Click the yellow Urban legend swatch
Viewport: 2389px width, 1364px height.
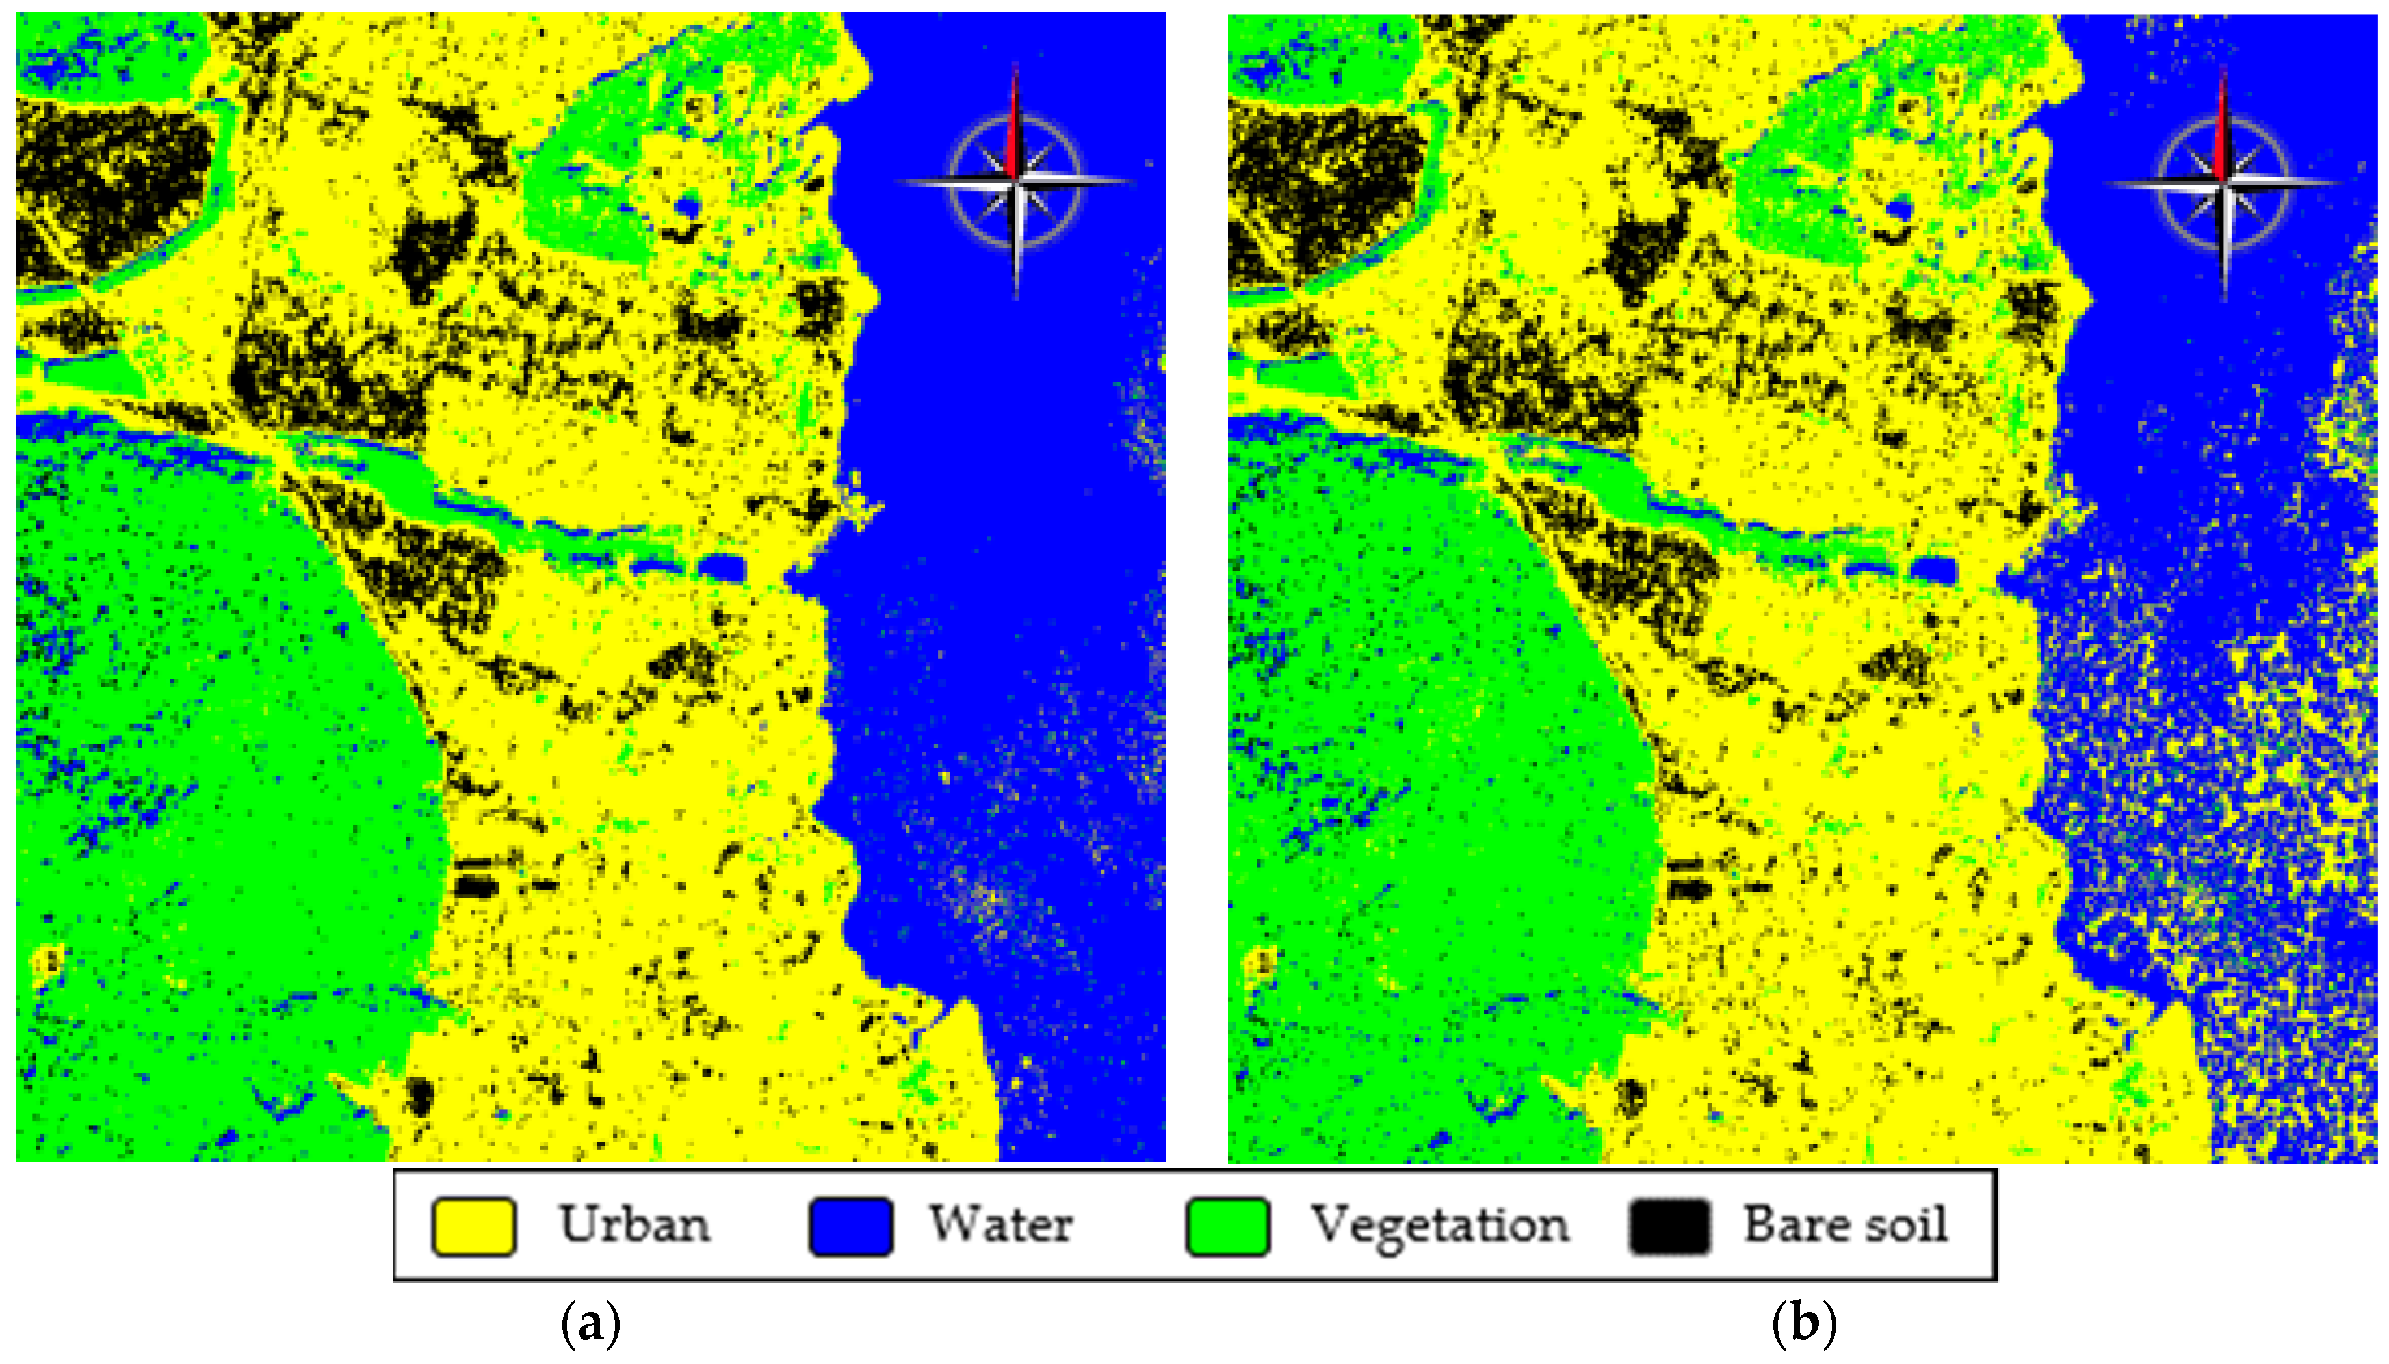(473, 1226)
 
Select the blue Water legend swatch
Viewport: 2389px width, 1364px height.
(850, 1226)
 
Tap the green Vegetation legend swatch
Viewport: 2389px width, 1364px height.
(1228, 1226)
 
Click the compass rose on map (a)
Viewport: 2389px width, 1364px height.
(1016, 181)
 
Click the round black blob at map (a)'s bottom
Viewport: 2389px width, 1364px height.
(419, 1094)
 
